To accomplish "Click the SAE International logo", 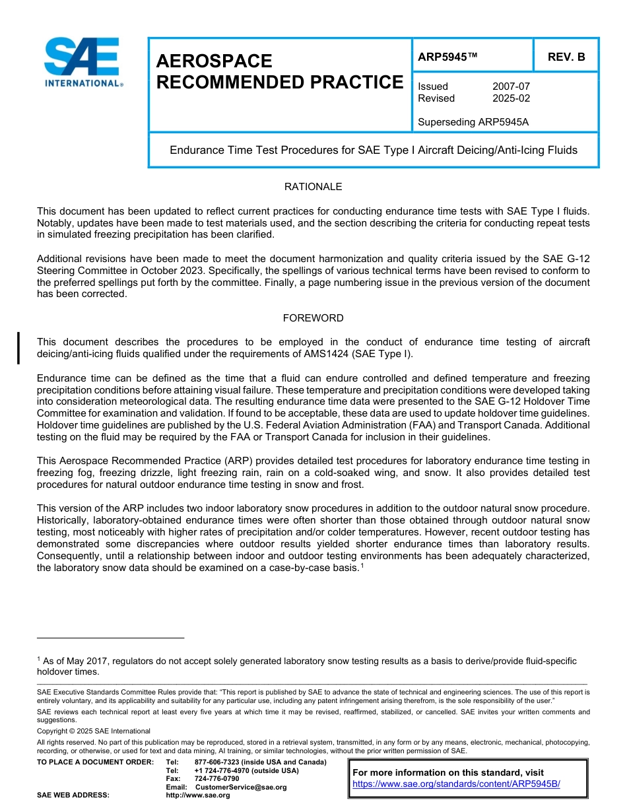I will pyautogui.click(x=82, y=61).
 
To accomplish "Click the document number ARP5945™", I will pyautogui.click(x=447, y=57).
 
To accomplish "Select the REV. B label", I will pyautogui.click(x=566, y=57).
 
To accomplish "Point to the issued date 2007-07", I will pyautogui.click(x=511, y=86).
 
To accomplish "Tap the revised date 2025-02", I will pyautogui.click(x=511, y=98).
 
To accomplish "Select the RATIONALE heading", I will pyautogui.click(x=313, y=187).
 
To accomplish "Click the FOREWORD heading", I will pyautogui.click(x=313, y=318).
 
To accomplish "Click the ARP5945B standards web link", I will pyautogui.click(x=456, y=784).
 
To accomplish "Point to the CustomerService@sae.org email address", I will pyautogui.click(x=241, y=787).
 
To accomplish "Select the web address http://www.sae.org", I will pyautogui.click(x=197, y=795).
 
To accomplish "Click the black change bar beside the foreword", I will pyautogui.click(x=18, y=348).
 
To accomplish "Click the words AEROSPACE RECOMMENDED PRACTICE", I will pyautogui.click(x=279, y=71).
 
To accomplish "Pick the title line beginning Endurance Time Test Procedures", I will pyautogui.click(x=374, y=150).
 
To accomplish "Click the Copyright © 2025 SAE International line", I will pyautogui.click(x=94, y=731).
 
